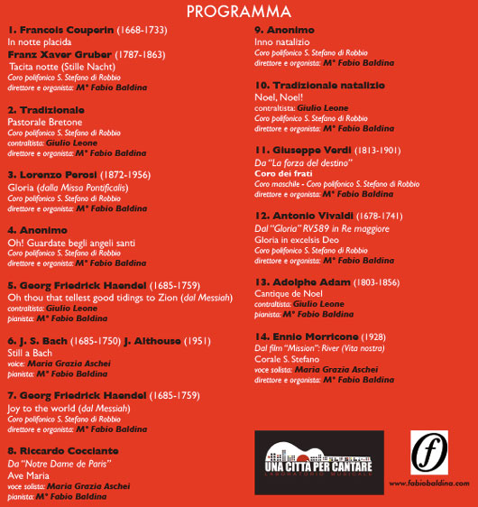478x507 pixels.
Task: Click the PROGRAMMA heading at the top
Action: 239,12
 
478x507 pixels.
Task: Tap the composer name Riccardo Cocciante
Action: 69,450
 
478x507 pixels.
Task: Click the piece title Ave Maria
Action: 25,474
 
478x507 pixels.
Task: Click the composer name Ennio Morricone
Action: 311,336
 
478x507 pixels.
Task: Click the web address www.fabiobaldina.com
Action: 428,485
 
